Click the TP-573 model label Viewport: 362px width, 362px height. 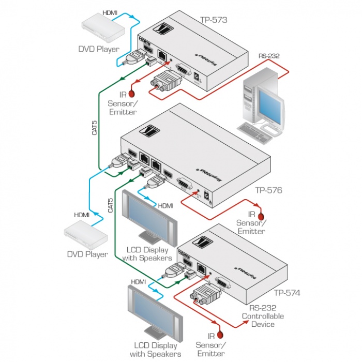click(214, 21)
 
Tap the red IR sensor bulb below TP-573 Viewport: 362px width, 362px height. click(131, 94)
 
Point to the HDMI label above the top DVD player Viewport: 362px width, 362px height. click(110, 11)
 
